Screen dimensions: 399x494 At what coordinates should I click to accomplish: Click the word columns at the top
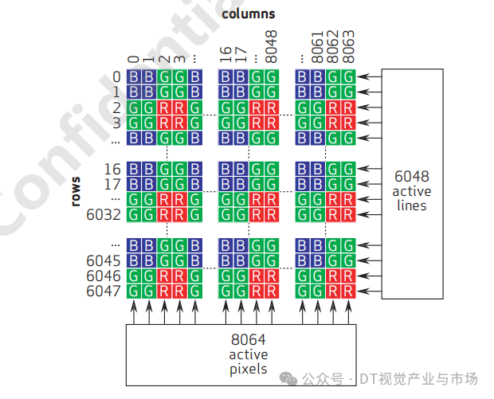249,14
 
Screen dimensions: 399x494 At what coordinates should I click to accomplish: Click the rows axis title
76,191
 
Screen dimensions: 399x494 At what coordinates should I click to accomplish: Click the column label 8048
272,45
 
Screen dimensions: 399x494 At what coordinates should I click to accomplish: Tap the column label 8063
348,45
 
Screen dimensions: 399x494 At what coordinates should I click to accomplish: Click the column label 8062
333,45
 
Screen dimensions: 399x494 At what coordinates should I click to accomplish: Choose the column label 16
225,54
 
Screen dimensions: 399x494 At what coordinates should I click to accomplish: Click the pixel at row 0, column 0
134,76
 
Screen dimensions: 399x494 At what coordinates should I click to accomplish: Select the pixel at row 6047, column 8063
348,291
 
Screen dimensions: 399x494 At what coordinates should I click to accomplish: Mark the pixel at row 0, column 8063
348,76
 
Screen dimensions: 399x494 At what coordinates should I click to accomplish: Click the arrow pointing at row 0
369,76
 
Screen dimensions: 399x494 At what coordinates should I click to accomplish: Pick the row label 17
112,184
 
